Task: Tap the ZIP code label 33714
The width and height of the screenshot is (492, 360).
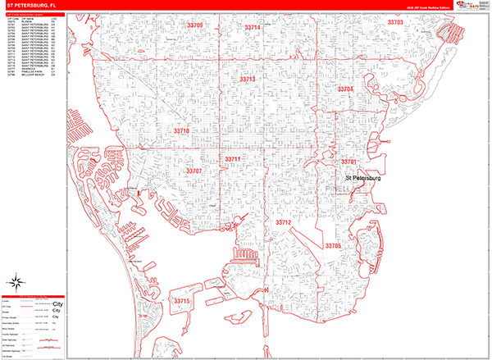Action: coord(253,28)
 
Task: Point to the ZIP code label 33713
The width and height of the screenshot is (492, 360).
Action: coord(248,79)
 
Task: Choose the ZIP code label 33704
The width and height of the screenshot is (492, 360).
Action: coord(345,88)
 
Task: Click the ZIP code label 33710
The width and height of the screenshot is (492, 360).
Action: coord(182,130)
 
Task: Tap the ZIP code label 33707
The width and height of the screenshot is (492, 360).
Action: coord(194,171)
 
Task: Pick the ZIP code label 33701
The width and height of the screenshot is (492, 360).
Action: coord(350,162)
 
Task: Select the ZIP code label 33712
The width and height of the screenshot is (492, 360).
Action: coord(284,222)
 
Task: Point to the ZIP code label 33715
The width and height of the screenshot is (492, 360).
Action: coord(182,301)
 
